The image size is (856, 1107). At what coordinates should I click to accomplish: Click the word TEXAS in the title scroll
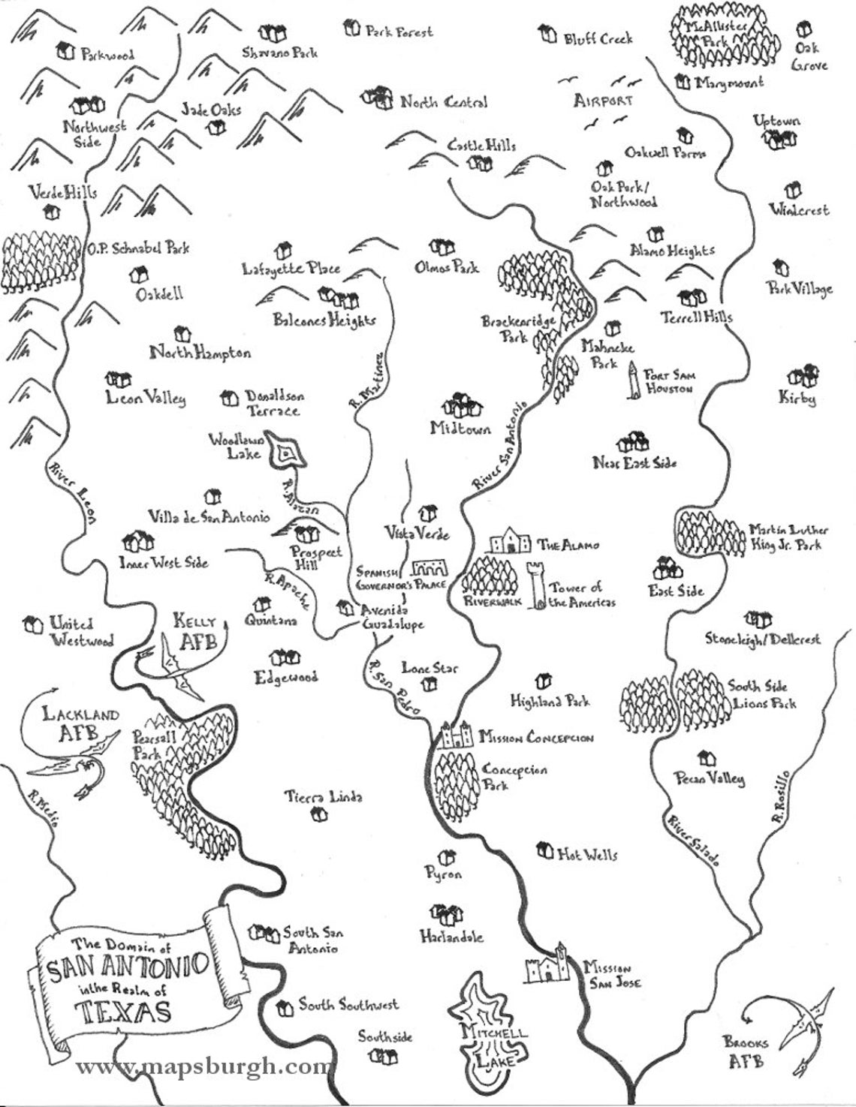pos(124,1012)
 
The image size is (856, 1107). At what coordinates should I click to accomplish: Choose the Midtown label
pos(460,429)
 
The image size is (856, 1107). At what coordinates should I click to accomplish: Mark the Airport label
pos(603,101)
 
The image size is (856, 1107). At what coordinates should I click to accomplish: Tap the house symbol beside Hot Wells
pos(544,850)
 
